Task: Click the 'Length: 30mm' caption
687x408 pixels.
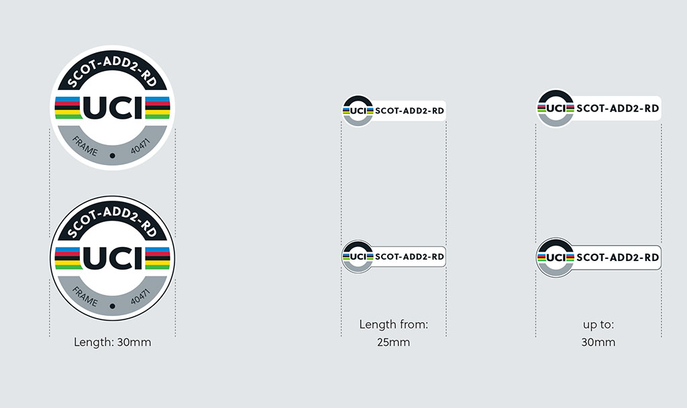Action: tap(112, 342)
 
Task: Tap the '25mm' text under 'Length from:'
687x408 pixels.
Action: tap(393, 342)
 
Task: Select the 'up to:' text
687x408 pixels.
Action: tap(598, 325)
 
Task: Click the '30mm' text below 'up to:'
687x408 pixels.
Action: tap(598, 342)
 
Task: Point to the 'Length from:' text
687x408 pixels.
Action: tap(393, 324)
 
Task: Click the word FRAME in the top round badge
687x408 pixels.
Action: tap(85, 146)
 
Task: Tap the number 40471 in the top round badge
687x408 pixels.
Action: tap(140, 146)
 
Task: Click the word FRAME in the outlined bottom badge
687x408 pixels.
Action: tap(85, 296)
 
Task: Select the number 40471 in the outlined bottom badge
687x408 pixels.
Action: tap(140, 296)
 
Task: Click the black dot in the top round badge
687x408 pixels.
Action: tap(113, 156)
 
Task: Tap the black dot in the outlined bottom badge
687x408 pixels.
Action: tap(113, 306)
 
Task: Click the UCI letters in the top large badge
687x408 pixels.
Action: tap(113, 108)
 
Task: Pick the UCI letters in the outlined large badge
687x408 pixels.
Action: tap(113, 258)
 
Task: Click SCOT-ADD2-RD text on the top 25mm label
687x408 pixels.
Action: tap(410, 111)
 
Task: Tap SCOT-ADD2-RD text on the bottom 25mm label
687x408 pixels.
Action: tap(410, 257)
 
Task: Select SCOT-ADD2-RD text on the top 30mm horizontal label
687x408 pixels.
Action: tap(618, 108)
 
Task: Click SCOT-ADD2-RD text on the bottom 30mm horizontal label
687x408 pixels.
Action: tap(618, 257)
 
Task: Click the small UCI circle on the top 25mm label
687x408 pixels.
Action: tap(358, 111)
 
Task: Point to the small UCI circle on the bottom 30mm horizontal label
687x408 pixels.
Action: tap(556, 257)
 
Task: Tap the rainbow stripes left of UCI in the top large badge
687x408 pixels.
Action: tap(68, 108)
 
